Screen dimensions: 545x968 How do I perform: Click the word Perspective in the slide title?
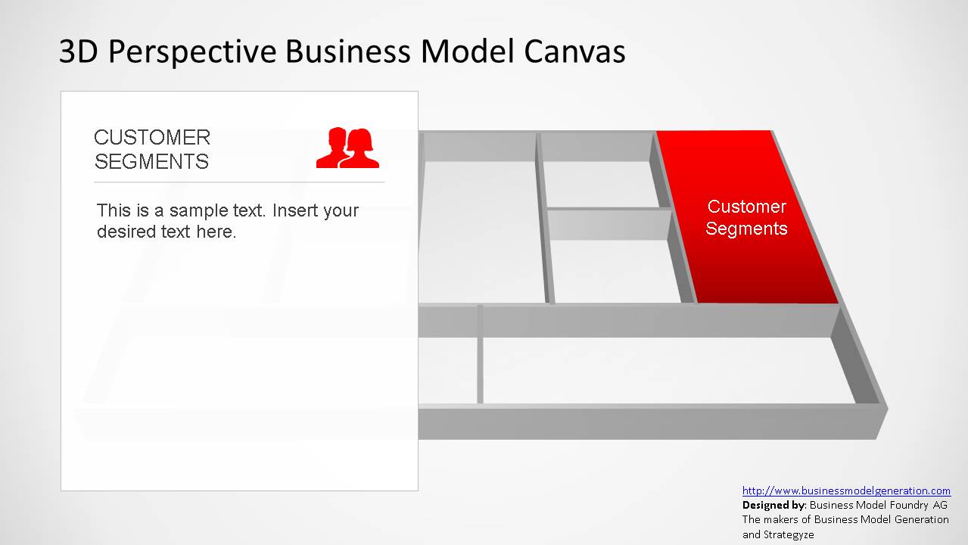tap(191, 52)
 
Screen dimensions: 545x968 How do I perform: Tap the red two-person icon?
tap(347, 148)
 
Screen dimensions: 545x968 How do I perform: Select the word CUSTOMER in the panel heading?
tap(152, 138)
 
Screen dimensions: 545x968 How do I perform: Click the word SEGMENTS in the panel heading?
tap(151, 162)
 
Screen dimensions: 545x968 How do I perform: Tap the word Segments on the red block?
tap(746, 229)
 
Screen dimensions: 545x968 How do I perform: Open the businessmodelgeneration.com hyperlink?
tap(846, 490)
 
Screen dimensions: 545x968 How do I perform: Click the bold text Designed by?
tap(773, 505)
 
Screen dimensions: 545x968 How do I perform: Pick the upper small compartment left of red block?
tap(600, 184)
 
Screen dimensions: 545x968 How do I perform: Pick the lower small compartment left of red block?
tap(615, 270)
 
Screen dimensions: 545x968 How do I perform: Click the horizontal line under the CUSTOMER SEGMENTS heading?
tap(239, 182)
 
